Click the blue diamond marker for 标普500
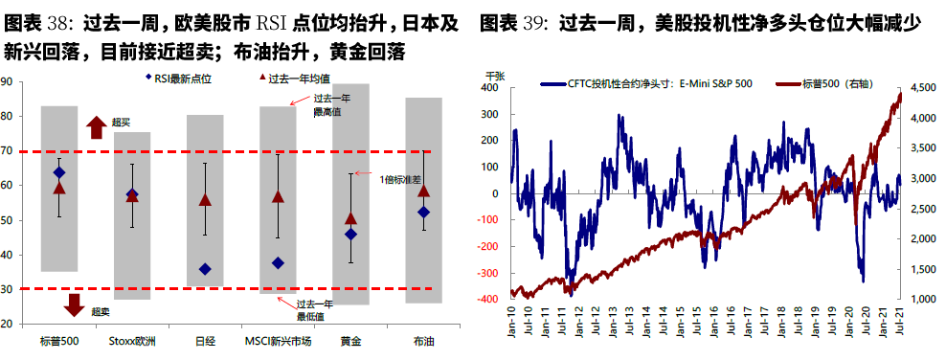pos(59,172)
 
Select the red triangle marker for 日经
pos(205,200)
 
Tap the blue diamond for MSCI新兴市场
pos(278,262)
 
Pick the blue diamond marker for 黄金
pos(350,234)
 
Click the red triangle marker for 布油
pos(423,191)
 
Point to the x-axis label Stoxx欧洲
pos(132,341)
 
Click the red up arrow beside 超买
pos(97,126)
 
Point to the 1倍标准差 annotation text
pos(400,178)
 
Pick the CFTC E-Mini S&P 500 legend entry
pos(651,83)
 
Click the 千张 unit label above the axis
pos(495,75)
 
